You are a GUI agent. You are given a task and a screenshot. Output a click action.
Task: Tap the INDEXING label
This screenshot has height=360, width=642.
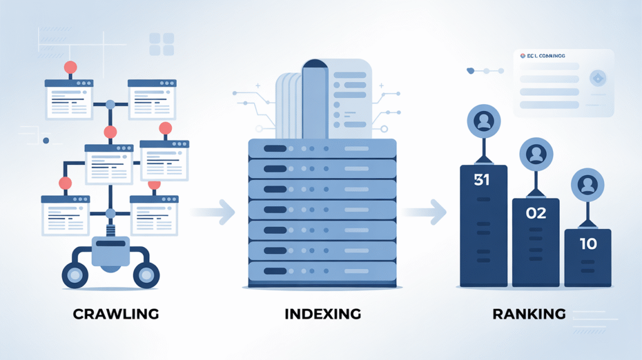322,314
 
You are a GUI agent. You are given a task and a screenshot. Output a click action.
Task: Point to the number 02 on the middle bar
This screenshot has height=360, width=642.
536,213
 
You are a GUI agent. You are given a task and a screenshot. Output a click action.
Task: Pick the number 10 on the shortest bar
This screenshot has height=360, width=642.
588,244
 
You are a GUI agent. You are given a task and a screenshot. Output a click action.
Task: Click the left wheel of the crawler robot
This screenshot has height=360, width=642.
75,275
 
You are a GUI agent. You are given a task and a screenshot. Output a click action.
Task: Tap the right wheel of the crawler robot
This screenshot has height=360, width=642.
146,275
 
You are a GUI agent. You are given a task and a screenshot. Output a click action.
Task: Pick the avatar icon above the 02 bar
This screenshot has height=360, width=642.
536,154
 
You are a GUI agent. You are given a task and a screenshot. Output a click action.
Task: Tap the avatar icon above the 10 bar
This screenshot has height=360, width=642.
587,184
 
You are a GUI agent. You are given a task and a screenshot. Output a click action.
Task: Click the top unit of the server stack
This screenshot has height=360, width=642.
322,149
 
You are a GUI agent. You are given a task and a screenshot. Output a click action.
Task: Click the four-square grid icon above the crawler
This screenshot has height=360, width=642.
161,45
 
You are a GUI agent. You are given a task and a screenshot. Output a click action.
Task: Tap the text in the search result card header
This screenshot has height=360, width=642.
543,56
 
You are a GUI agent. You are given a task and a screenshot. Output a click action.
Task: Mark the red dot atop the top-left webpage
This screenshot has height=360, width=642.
70,66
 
